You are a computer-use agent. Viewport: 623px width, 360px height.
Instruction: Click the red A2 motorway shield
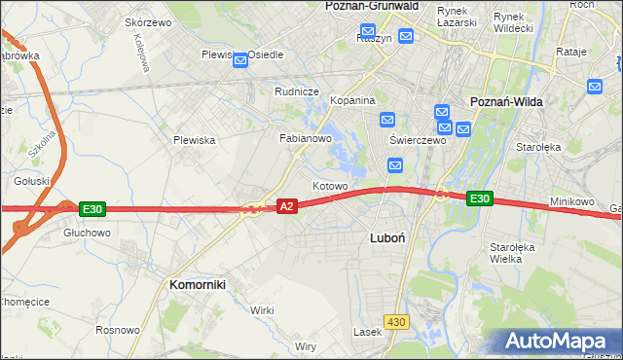click(287, 206)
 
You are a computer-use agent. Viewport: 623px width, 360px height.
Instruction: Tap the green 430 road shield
click(395, 320)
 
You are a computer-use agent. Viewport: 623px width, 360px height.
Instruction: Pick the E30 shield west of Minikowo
click(479, 198)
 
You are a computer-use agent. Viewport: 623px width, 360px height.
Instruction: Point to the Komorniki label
click(198, 284)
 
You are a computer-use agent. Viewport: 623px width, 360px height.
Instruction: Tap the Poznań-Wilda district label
click(506, 101)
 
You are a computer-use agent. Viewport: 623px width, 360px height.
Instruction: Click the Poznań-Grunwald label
click(371, 6)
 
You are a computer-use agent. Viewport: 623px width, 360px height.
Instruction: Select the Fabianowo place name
click(307, 139)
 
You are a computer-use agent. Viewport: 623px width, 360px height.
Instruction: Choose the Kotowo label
click(330, 186)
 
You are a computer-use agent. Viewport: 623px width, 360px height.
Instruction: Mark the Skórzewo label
click(149, 22)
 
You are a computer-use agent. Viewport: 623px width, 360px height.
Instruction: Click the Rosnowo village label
click(117, 330)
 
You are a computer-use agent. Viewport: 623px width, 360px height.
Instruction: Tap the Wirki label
click(262, 309)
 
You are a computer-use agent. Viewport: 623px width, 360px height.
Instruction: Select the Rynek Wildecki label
click(513, 22)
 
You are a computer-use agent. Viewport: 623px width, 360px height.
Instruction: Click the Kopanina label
click(353, 100)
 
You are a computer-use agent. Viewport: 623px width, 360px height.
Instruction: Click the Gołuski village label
click(32, 181)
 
